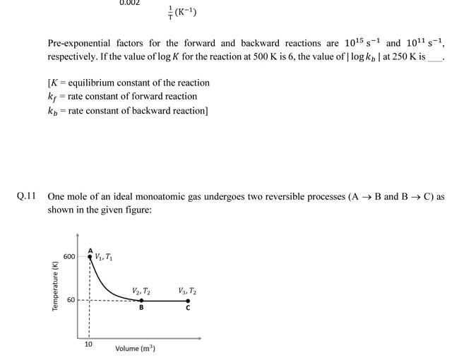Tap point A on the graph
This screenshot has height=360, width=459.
pos(90,256)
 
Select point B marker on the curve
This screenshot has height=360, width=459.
pos(141,300)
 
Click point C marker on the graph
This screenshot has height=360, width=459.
pos(188,300)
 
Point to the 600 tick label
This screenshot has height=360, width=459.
pos(69,256)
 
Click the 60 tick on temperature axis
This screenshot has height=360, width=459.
pos(71,300)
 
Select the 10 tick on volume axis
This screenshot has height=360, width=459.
pos(88,344)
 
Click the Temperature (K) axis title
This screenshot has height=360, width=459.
pos(54,286)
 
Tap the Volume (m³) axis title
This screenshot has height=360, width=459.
pos(136,349)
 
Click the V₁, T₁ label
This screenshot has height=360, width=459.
pos(104,257)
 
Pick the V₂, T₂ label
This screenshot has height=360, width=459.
pos(141,290)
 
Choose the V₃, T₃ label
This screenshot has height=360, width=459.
pos(188,290)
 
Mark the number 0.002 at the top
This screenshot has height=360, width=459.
pos(129,3)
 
